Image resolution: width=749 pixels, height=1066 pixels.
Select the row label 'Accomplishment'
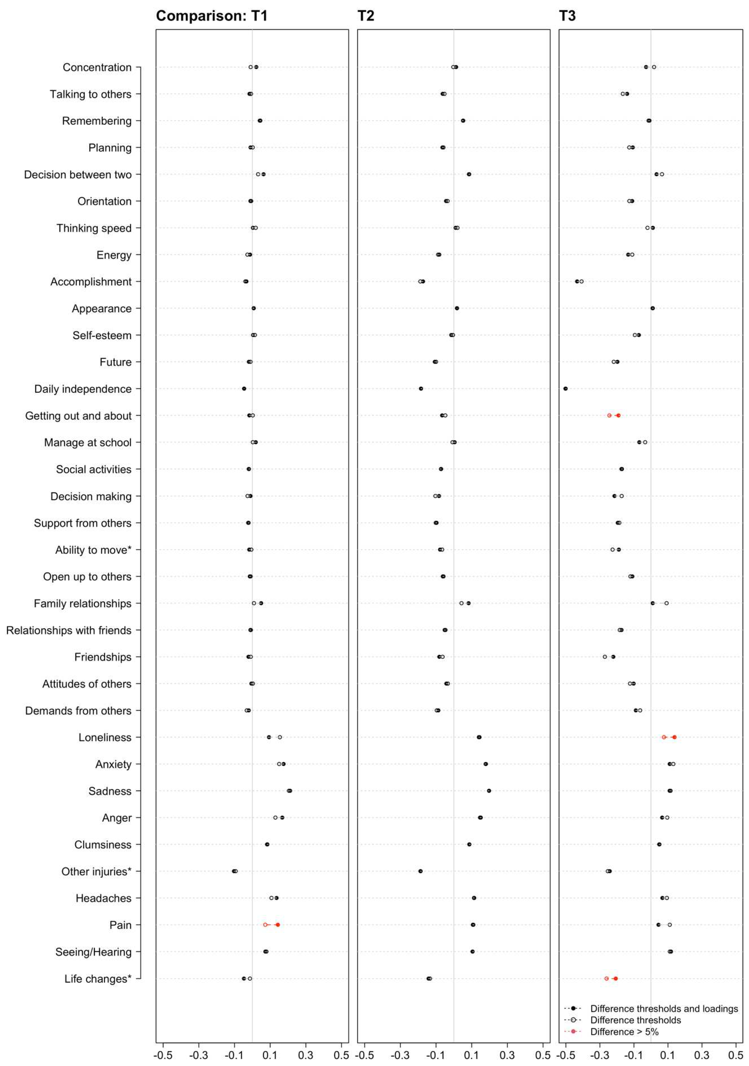91,282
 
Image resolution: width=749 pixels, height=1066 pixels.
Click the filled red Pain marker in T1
278,925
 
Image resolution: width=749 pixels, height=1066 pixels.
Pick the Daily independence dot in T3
565,389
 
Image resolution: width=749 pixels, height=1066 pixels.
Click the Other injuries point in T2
420,871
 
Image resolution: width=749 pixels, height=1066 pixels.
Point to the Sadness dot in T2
489,791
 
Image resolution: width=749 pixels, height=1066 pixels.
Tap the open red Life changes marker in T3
606,978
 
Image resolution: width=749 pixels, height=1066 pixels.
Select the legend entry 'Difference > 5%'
624,1032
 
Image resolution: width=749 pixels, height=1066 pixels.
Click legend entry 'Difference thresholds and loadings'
664,1009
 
